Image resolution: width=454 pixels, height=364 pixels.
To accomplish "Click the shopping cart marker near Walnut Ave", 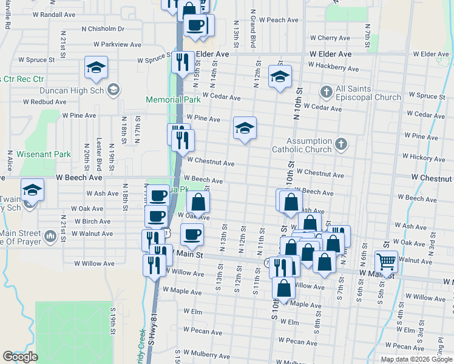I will coord(386,261).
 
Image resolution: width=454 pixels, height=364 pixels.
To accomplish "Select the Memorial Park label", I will coord(173,99).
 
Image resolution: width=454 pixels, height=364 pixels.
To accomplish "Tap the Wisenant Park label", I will coord(44,155).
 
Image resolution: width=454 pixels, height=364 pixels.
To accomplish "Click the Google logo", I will coord(20,357).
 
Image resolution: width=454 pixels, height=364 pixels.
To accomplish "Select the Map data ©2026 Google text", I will coord(416,359).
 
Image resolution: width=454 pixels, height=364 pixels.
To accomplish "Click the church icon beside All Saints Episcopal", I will coord(326,91).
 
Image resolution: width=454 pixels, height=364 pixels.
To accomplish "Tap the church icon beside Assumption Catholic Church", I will coord(341,144).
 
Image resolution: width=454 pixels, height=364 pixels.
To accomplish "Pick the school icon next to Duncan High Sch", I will coord(112,90).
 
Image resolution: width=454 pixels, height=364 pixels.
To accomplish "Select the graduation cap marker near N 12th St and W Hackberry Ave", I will coord(279,76).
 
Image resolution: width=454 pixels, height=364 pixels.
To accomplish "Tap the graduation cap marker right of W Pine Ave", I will coord(245,128).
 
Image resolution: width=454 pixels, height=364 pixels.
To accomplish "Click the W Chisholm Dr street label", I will coord(101,29).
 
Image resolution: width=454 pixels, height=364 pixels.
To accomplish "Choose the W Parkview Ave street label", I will coord(117,44).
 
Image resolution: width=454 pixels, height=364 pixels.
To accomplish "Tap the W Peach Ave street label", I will coord(279,20).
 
